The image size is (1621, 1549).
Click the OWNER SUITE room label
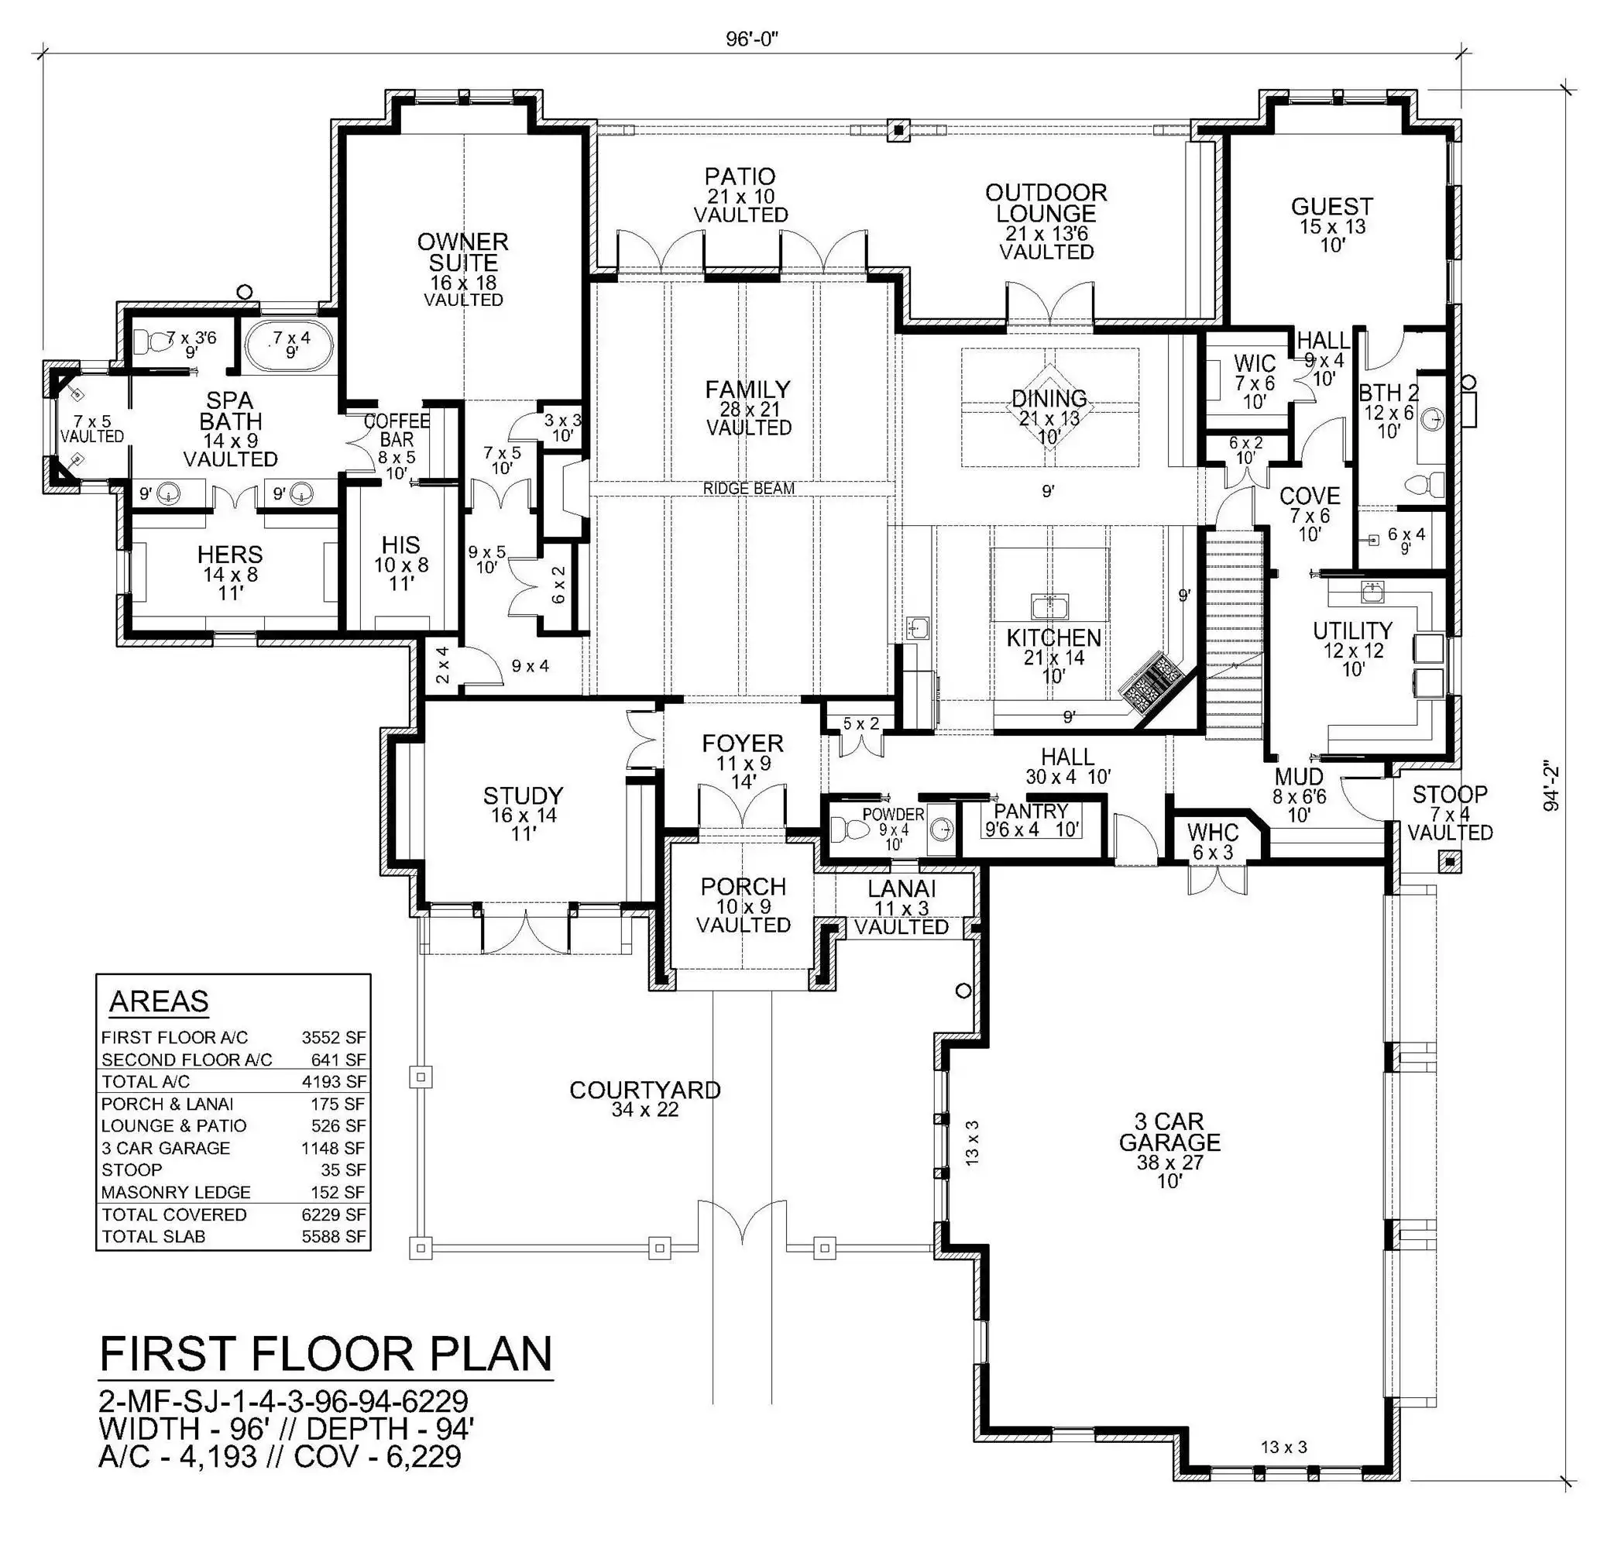tap(462, 252)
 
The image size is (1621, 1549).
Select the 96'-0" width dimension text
tap(752, 39)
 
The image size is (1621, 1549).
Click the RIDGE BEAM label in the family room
tap(748, 489)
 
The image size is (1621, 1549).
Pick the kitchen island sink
tap(1049, 607)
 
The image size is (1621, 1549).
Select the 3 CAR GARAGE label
tap(1169, 1132)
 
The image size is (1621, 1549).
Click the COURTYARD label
tap(645, 1090)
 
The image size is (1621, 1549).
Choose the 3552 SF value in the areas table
tap(334, 1038)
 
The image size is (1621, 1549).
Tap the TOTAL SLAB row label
tap(153, 1237)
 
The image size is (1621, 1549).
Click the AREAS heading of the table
tap(159, 1001)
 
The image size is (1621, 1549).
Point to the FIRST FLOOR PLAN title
tap(325, 1355)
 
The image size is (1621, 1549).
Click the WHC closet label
tap(1213, 833)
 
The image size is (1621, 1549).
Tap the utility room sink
tap(1372, 592)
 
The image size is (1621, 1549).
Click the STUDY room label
tap(523, 796)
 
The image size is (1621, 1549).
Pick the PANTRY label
tap(1031, 812)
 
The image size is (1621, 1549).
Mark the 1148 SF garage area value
tap(334, 1149)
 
